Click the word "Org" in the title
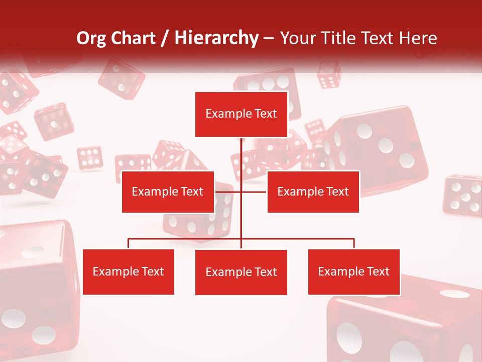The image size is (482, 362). (x=91, y=38)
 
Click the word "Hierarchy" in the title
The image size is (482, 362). (x=216, y=38)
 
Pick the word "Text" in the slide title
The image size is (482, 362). (x=378, y=38)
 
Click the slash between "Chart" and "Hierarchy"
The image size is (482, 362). (x=165, y=38)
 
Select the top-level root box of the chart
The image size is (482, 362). (x=241, y=114)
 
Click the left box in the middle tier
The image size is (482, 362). (x=168, y=192)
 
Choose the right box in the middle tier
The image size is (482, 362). (x=313, y=192)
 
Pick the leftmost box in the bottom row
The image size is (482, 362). (x=129, y=272)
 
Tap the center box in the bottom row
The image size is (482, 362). (x=241, y=273)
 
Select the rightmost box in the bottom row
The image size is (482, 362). (x=354, y=272)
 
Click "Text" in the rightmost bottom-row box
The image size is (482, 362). (x=378, y=272)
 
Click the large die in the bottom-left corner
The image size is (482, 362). (x=35, y=292)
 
